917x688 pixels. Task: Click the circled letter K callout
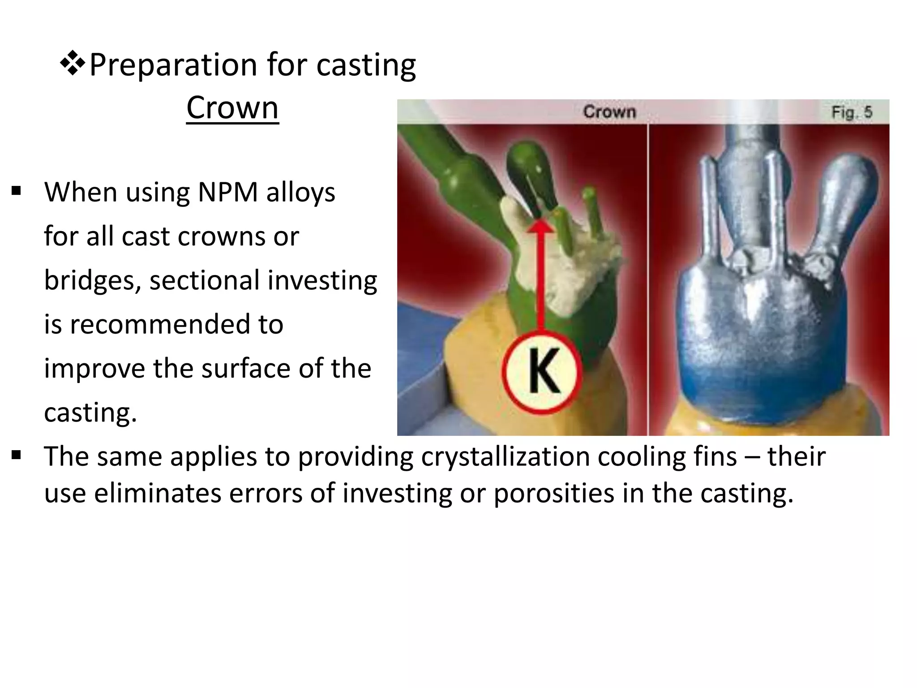[x=542, y=372]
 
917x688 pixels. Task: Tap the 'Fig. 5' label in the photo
[x=851, y=112]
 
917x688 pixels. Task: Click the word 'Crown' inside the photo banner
[x=609, y=112]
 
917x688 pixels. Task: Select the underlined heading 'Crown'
[x=232, y=108]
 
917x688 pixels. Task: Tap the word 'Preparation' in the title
[x=173, y=65]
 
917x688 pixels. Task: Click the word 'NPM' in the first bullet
[x=227, y=193]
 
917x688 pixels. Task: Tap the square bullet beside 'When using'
[x=17, y=192]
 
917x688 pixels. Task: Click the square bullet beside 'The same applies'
[x=17, y=456]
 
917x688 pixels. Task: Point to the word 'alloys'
[x=300, y=193]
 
